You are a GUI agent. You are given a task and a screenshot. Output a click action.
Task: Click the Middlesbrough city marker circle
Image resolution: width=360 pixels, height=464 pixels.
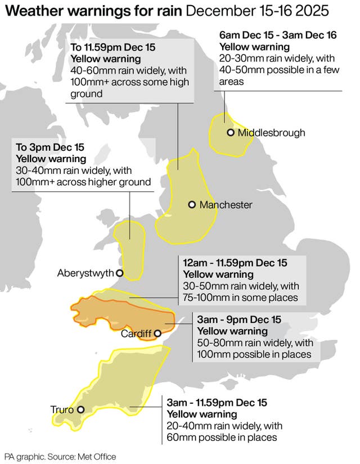coord(230,133)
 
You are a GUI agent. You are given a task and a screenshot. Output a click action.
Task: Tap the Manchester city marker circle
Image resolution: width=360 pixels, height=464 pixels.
coord(192,205)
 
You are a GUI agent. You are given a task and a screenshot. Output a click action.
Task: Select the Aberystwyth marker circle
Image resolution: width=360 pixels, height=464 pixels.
coord(119,273)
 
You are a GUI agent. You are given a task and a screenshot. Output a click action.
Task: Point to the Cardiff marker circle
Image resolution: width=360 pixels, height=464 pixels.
coord(158,333)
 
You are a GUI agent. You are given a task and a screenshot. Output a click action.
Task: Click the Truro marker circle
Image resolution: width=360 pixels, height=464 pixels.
coord(81,410)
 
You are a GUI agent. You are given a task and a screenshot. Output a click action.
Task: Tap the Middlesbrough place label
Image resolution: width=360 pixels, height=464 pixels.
coord(271,133)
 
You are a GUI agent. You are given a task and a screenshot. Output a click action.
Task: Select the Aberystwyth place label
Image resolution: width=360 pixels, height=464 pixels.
coord(85,273)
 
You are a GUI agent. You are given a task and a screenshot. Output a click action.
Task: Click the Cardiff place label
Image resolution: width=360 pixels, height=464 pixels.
coord(136,334)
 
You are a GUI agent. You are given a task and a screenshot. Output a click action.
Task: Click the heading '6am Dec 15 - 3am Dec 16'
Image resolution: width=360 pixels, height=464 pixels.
coord(278,35)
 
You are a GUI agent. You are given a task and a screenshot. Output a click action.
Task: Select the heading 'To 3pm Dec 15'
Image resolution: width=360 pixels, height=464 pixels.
coord(50,147)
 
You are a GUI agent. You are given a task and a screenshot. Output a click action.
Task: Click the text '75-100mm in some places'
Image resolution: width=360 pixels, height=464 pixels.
coord(240,298)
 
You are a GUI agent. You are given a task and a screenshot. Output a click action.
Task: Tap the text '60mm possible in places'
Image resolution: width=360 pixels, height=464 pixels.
coord(221,438)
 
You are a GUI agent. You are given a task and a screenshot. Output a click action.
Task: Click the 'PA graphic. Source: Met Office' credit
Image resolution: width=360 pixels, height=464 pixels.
coord(60,457)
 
